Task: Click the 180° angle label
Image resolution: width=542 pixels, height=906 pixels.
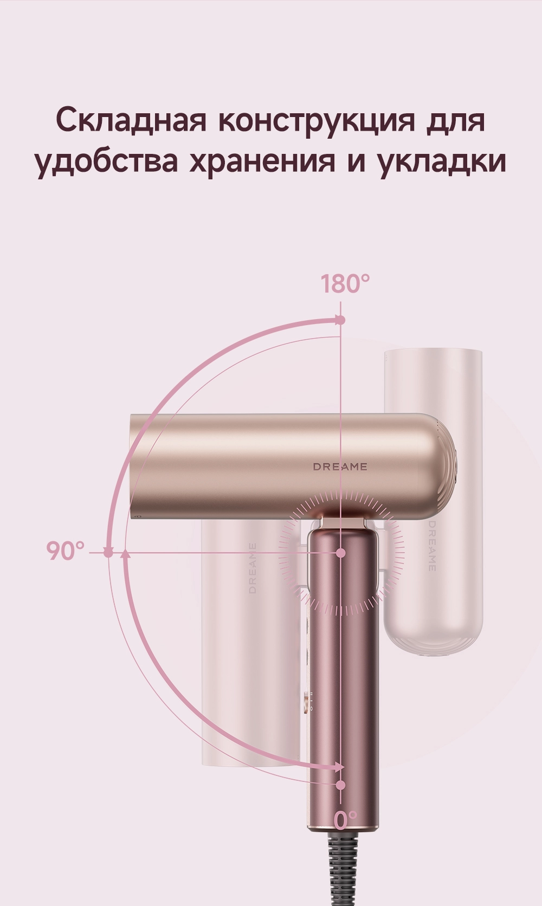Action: coord(345,284)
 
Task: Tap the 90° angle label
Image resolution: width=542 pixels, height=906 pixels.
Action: coord(65,551)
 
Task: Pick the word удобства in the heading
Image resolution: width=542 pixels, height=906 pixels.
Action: coord(106,160)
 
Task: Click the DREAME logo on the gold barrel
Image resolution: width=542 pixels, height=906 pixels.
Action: coord(340,467)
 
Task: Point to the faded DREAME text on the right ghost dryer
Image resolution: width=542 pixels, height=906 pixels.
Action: coord(432,546)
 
